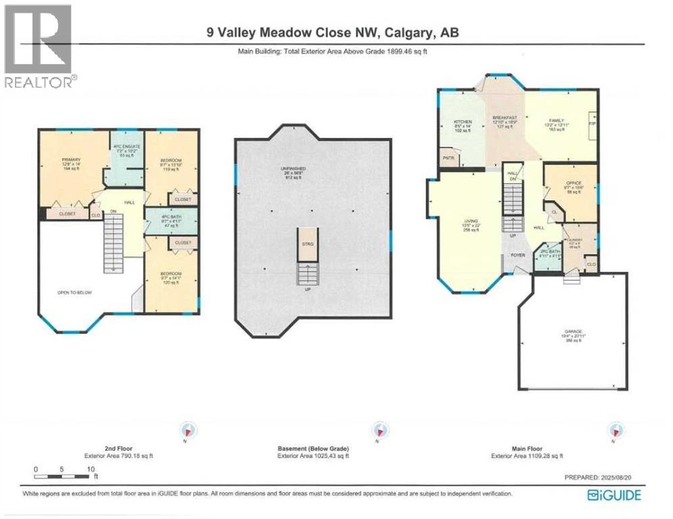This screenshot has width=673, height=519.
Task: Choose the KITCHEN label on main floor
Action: [x=462, y=122]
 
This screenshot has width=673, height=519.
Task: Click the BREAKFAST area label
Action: [x=505, y=118]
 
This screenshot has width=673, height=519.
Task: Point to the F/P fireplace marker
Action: [x=592, y=125]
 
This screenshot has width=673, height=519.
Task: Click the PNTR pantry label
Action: [x=447, y=158]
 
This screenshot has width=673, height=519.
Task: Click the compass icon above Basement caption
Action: [x=379, y=430]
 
